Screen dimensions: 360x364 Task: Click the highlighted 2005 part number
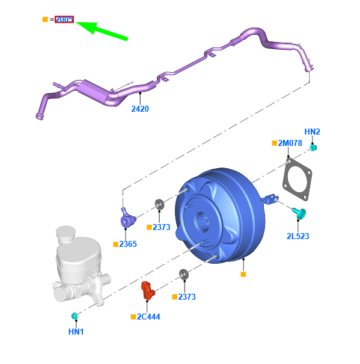64,19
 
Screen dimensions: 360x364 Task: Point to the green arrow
102,31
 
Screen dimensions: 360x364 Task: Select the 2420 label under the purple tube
140,109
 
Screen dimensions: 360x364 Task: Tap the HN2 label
312,132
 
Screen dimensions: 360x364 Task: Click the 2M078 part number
290,143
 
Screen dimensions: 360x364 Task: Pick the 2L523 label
297,236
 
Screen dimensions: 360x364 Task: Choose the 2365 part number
128,244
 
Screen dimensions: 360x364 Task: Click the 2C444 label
148,317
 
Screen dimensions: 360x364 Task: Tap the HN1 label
76,332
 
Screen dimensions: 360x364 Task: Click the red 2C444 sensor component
147,291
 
